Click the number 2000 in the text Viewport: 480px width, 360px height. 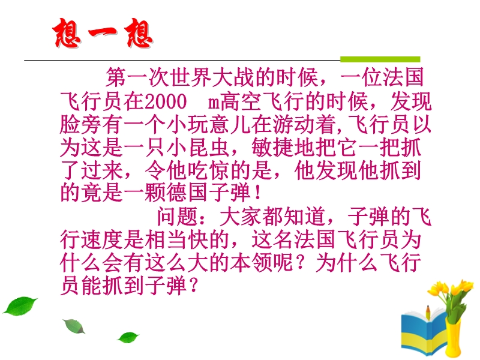pos(166,101)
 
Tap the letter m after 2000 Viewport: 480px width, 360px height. pos(214,103)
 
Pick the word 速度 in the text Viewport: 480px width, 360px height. pos(102,239)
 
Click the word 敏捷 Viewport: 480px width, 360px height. pos(273,148)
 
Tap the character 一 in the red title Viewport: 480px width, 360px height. pos(103,32)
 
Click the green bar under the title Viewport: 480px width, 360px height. pos(380,59)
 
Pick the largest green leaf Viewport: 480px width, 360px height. pos(20,305)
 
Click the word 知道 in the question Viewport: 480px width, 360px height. pos(305,217)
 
